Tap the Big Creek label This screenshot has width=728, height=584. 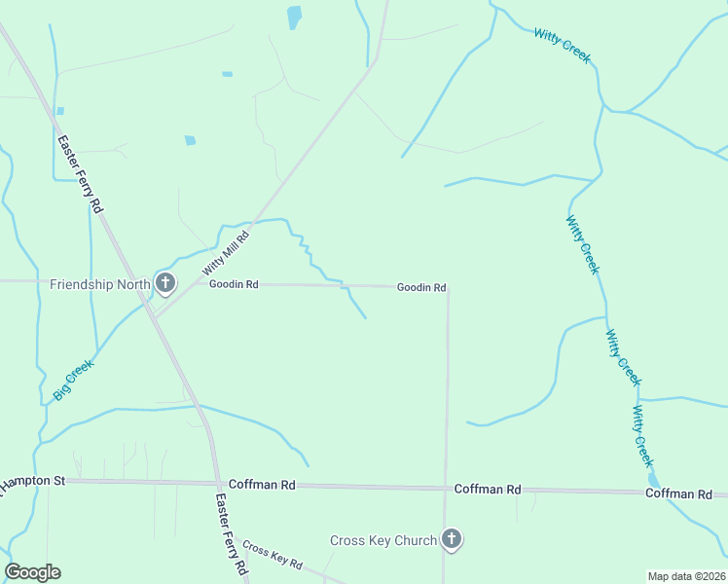(x=73, y=380)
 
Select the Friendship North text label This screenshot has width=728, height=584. (x=100, y=284)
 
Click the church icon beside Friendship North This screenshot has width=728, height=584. (x=165, y=284)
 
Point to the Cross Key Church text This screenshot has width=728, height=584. (x=382, y=540)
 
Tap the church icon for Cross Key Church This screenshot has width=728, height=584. (x=451, y=538)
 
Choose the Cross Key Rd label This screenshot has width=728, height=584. (x=273, y=555)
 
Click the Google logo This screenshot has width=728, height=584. (x=33, y=572)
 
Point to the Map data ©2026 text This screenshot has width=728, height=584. (x=685, y=576)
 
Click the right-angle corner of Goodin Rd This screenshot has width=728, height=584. (x=448, y=288)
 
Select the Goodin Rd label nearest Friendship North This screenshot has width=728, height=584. (x=234, y=284)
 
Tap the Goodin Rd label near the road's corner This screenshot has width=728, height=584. (x=420, y=287)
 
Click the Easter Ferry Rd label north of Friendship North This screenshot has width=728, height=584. (x=80, y=173)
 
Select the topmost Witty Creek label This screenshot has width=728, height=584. (x=562, y=46)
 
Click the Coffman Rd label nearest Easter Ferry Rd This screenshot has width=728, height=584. (x=261, y=484)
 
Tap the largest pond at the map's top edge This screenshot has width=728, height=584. (x=294, y=17)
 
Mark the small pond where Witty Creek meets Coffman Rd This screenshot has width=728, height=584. (x=653, y=480)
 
